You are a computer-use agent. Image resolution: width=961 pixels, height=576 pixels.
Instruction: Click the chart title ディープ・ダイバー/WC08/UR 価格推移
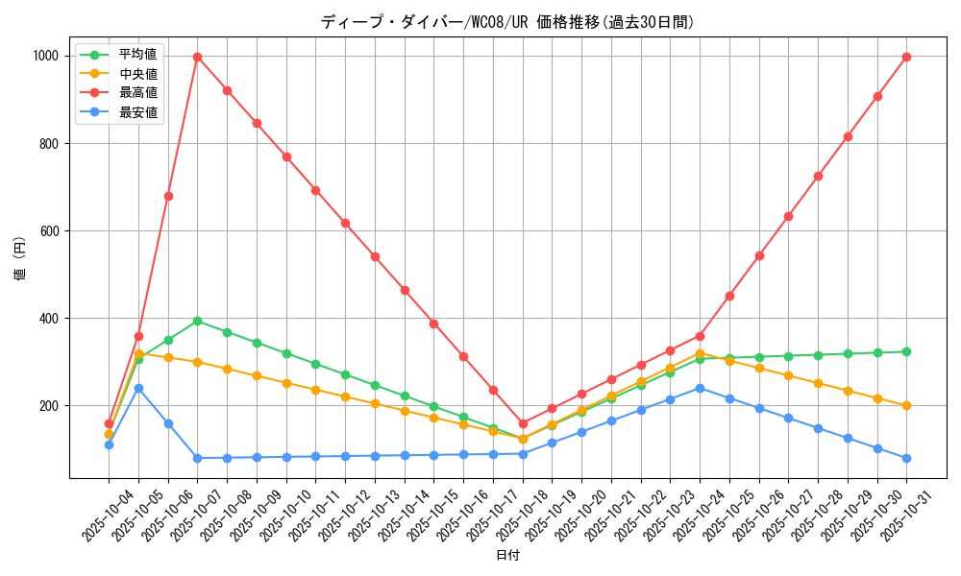point(507,22)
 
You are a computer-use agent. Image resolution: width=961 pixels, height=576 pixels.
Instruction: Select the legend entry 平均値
point(137,54)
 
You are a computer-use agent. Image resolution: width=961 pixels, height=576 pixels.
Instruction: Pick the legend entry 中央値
point(137,73)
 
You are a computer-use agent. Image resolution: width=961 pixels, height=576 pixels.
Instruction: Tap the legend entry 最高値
point(137,92)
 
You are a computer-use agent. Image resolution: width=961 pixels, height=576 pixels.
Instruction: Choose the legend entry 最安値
point(137,112)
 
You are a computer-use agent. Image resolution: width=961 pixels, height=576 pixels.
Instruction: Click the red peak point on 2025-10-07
point(197,57)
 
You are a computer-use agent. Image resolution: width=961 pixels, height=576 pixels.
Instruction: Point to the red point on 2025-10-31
point(906,57)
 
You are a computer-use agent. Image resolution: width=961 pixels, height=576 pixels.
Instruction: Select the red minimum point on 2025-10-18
point(523,423)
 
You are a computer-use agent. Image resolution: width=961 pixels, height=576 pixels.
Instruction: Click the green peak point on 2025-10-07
point(197,321)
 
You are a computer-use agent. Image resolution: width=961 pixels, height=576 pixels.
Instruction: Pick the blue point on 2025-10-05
point(138,388)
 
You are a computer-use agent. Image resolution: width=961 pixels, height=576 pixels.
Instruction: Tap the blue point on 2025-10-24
point(700,388)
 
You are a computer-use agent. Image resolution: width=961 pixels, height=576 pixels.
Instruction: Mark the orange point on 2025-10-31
point(906,405)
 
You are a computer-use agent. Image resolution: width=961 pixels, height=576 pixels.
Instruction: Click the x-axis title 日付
point(507,556)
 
